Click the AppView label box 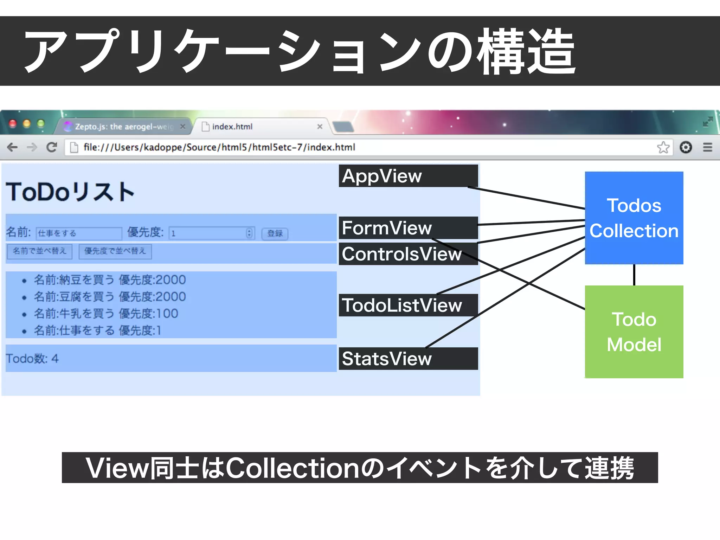(408, 176)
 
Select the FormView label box (408, 228)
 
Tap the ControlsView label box (408, 254)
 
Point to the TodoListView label (408, 305)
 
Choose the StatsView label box (408, 359)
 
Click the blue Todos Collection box (634, 218)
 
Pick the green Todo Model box (634, 332)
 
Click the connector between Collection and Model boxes (634, 275)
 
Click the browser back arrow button (12, 147)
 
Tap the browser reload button (52, 147)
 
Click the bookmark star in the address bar (663, 147)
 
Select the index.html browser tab (260, 127)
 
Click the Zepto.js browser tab (123, 127)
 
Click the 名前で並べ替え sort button (39, 251)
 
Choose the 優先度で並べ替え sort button (115, 251)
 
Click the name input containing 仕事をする (79, 233)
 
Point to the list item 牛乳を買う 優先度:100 (105, 313)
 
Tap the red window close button (13, 123)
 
